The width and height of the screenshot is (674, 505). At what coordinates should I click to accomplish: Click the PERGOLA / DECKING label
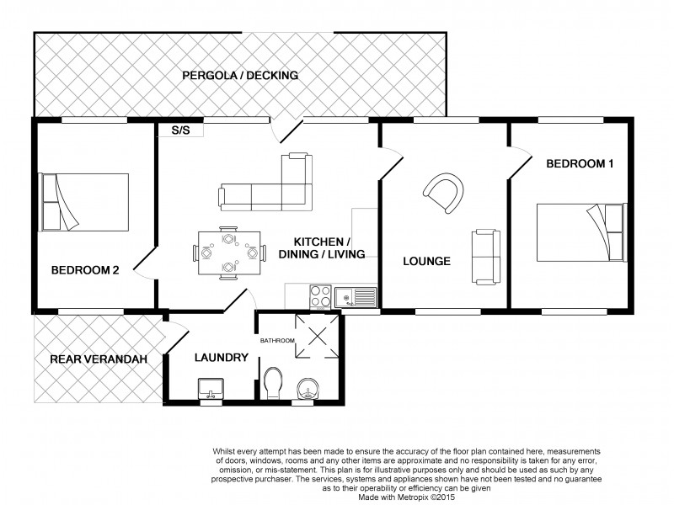[x=240, y=76]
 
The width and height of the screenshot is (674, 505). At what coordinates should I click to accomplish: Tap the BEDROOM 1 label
[x=579, y=164]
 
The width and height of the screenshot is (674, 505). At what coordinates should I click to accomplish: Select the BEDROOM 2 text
[x=85, y=270]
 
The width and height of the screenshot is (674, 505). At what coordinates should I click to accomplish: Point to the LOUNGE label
[x=426, y=261]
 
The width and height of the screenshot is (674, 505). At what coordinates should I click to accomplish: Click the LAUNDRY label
[x=221, y=357]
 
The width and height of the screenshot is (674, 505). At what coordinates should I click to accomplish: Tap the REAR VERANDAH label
[x=99, y=359]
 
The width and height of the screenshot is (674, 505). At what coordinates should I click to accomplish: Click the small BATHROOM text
[x=277, y=340]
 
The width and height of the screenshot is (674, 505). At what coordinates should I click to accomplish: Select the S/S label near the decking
[x=179, y=130]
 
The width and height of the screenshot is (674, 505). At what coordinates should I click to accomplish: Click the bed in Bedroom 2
[x=84, y=202]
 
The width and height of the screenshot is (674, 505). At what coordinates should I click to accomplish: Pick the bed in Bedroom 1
[x=581, y=231]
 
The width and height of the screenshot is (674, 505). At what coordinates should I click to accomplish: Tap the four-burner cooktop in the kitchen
[x=321, y=296]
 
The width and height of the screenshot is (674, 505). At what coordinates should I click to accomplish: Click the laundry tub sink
[x=211, y=390]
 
